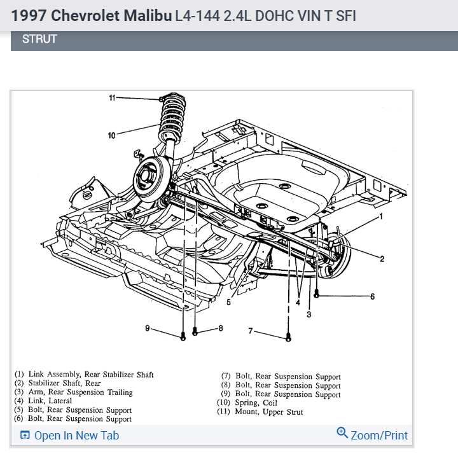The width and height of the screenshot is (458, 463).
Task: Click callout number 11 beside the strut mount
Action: click(x=111, y=97)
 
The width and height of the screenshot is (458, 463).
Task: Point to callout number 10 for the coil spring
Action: click(x=111, y=135)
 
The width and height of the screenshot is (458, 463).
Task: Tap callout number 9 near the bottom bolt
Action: click(x=147, y=328)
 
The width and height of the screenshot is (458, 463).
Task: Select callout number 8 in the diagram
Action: click(x=221, y=328)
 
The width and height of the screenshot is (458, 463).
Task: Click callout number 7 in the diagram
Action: click(x=251, y=331)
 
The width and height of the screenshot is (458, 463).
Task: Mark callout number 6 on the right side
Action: click(x=372, y=296)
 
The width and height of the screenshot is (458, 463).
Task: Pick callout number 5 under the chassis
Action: click(x=228, y=302)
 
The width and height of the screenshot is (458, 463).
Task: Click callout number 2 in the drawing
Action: click(x=382, y=258)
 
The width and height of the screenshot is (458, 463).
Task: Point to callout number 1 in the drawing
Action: click(x=380, y=216)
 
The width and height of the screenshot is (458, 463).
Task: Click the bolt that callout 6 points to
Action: click(x=316, y=295)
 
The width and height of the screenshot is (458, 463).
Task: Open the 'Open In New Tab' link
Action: click(x=69, y=436)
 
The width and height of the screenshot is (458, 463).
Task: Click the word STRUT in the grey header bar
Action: click(x=39, y=39)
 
